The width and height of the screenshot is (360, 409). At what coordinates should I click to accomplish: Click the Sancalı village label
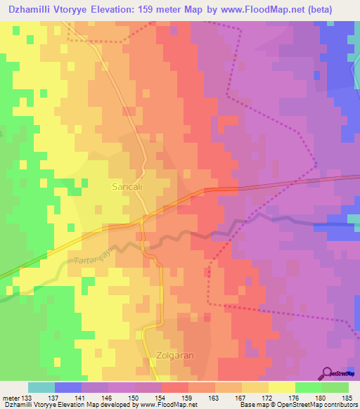click(128, 188)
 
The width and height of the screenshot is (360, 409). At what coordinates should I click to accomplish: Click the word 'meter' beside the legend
click(13, 397)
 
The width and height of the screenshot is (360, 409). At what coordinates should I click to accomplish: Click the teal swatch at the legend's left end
click(41, 387)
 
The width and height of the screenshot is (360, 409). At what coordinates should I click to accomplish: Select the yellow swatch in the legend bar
click(281, 387)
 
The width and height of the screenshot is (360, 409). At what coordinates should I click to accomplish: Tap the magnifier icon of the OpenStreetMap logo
click(328, 372)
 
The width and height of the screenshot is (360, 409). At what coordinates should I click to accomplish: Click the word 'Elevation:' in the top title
click(121, 11)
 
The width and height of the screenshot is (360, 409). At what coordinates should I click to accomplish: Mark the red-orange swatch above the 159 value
click(175, 387)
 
